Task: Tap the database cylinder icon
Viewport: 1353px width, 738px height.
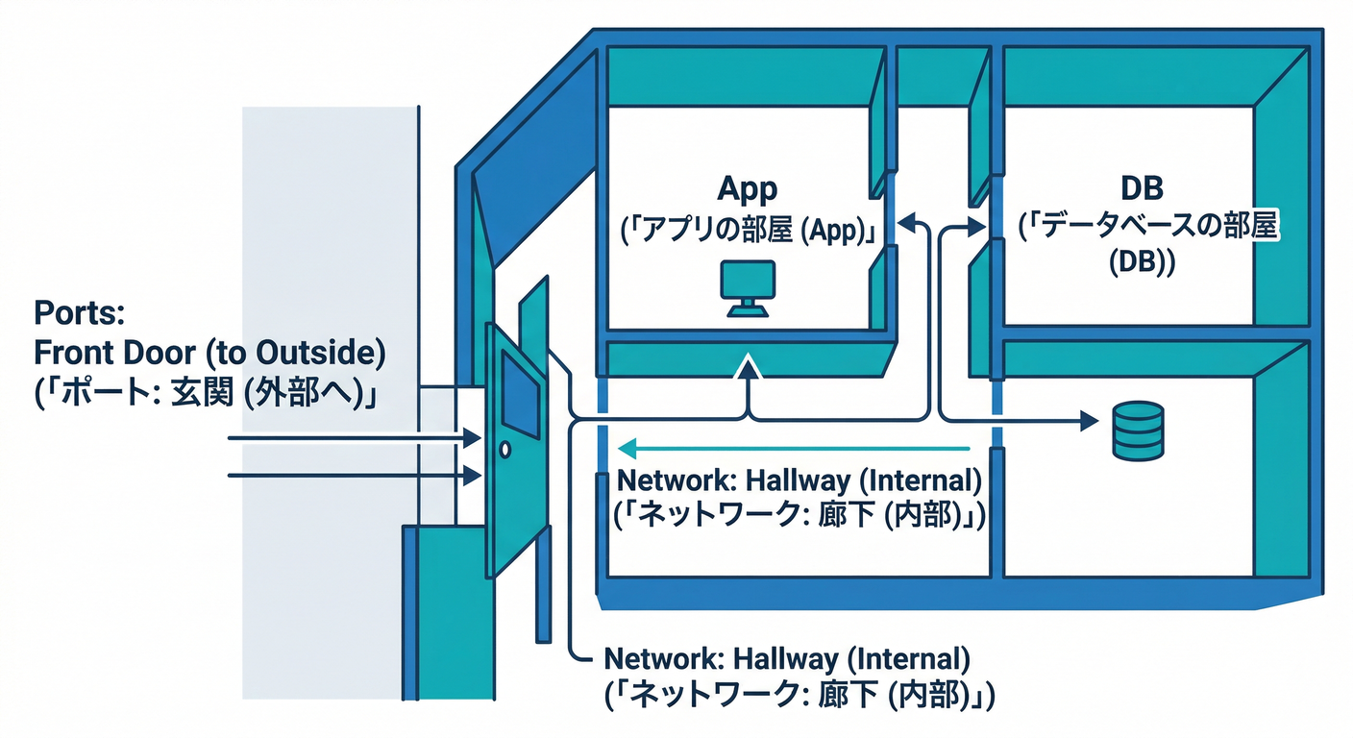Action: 1137,430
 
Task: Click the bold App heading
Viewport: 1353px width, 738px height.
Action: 747,189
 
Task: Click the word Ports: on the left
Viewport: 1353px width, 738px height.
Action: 74,315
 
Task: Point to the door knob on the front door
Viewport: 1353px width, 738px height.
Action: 505,449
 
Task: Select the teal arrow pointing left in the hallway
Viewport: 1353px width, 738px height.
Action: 793,448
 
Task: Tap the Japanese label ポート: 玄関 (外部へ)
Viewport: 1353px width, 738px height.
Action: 204,395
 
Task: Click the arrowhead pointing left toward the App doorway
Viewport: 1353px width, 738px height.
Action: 905,222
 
